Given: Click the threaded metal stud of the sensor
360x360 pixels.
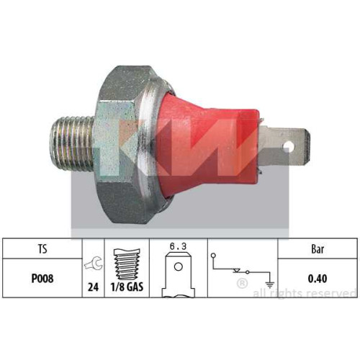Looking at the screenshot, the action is coord(72,143).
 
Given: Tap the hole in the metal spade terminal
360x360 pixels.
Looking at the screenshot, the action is coord(289,146).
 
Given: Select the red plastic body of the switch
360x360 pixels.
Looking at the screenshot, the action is coord(207,144).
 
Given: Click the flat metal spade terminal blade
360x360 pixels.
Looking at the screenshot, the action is coord(284,146).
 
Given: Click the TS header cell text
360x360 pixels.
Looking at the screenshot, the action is coord(42,248).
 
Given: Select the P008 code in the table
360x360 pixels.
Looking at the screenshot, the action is coord(42,279).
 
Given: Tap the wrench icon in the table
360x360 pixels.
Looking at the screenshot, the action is coord(94,264).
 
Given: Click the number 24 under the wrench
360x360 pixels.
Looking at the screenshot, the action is coord(93,287).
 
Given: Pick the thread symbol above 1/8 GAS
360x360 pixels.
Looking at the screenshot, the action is coord(127,264).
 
